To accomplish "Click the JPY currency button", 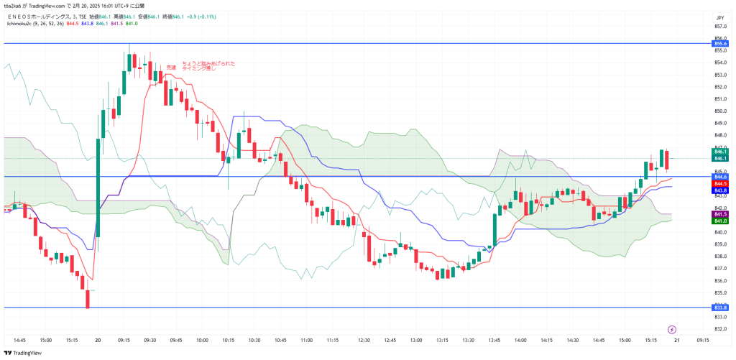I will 719,17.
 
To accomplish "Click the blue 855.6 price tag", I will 721,44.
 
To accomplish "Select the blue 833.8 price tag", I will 721,308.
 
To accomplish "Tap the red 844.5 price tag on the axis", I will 721,183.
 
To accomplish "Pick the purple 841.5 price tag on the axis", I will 721,214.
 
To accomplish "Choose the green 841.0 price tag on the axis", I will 721,221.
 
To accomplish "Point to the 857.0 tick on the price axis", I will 719,27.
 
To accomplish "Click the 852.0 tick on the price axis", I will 719,87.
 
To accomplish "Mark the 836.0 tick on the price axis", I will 719,280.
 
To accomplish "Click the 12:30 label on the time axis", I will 364,340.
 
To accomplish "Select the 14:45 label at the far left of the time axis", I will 19,340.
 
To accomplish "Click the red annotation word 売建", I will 171,68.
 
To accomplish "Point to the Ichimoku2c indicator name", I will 21,24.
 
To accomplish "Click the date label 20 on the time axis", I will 98,340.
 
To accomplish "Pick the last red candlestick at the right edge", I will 667,160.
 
